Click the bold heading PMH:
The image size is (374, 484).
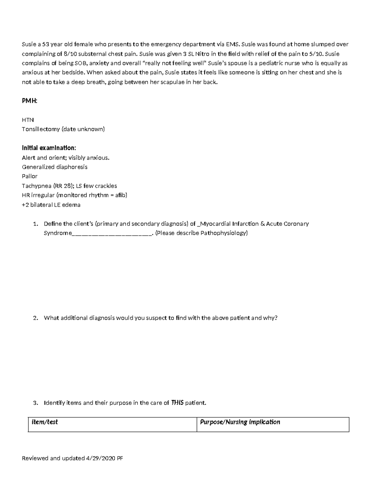pos(30,101)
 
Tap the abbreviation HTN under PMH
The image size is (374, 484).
pos(28,120)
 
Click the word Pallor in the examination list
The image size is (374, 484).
pos(30,176)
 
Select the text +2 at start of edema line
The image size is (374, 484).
pos(25,205)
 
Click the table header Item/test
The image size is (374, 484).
pos(45,422)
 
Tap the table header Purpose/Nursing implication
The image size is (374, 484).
pos(240,422)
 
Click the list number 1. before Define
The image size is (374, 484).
pos(36,224)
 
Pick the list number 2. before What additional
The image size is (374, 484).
pos(36,318)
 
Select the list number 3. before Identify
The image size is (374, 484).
pos(36,403)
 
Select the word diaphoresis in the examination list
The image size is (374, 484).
pos(72,167)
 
